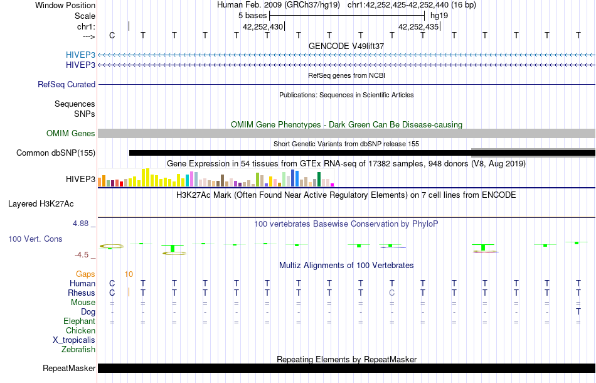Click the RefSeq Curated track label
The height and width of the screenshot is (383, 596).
(x=67, y=84)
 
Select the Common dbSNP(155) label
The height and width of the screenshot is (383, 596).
(x=56, y=153)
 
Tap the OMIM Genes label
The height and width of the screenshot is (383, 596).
(x=71, y=133)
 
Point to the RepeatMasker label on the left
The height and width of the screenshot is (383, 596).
(x=69, y=368)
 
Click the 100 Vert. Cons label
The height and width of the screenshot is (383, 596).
(x=36, y=239)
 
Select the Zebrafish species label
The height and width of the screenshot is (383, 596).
(x=78, y=349)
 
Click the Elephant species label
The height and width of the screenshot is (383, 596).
(x=79, y=321)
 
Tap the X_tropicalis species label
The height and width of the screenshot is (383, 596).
(x=74, y=340)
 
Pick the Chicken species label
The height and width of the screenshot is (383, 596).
(x=81, y=330)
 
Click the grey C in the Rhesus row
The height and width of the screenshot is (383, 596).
(x=391, y=293)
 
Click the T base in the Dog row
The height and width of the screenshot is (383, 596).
(x=578, y=311)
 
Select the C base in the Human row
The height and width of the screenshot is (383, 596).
(x=112, y=283)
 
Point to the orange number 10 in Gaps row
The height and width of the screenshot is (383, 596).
(x=129, y=274)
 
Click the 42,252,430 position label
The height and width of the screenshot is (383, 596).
(x=263, y=26)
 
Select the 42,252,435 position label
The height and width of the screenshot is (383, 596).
(x=418, y=26)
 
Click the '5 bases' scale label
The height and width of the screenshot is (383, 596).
(x=253, y=15)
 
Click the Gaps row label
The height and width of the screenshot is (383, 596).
(x=85, y=274)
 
